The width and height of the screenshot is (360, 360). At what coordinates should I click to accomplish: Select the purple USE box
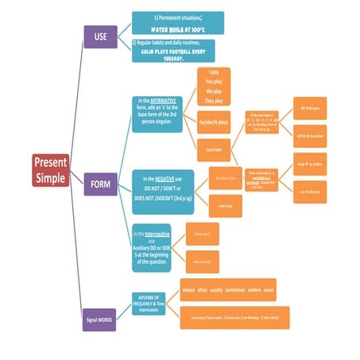pyautogui.click(x=101, y=37)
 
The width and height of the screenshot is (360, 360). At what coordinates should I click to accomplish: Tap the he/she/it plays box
pyautogui.click(x=219, y=122)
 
